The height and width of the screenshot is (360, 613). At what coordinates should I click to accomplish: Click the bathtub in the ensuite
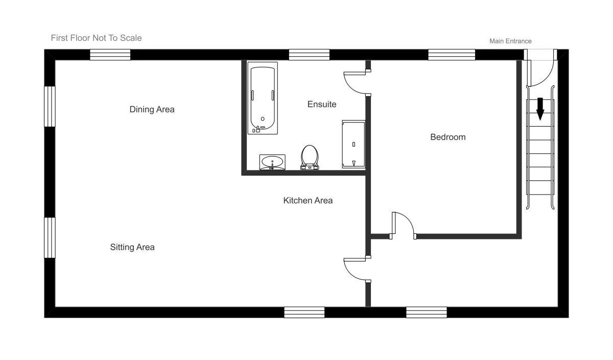pos(263,98)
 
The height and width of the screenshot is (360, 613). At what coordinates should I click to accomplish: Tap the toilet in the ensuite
pos(310,157)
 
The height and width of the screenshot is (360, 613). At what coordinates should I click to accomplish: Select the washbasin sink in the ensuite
pos(272,162)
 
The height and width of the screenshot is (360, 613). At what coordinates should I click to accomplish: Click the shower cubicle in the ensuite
pos(353,145)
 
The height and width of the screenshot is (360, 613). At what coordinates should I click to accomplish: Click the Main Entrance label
pos(510,41)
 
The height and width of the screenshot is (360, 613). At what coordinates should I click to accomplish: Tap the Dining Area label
pos(152,109)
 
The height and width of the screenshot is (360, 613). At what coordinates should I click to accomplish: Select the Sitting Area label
pos(132,247)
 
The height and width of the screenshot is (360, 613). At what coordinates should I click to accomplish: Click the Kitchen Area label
pos(308,201)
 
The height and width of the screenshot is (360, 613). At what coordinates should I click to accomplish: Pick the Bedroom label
pos(447,137)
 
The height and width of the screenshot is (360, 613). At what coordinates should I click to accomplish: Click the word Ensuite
pos(321,104)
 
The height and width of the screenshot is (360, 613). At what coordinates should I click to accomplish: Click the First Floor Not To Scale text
pos(96,38)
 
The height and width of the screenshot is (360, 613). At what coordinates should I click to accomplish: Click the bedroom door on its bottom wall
pos(403,225)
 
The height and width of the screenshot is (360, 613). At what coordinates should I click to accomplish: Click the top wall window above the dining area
pos(110,55)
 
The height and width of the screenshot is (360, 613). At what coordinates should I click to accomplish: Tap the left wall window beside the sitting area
pos(50,237)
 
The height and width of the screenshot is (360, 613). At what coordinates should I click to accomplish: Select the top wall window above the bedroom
pos(452,55)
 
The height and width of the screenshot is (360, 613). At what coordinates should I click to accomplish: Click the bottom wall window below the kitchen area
pos(304,312)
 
